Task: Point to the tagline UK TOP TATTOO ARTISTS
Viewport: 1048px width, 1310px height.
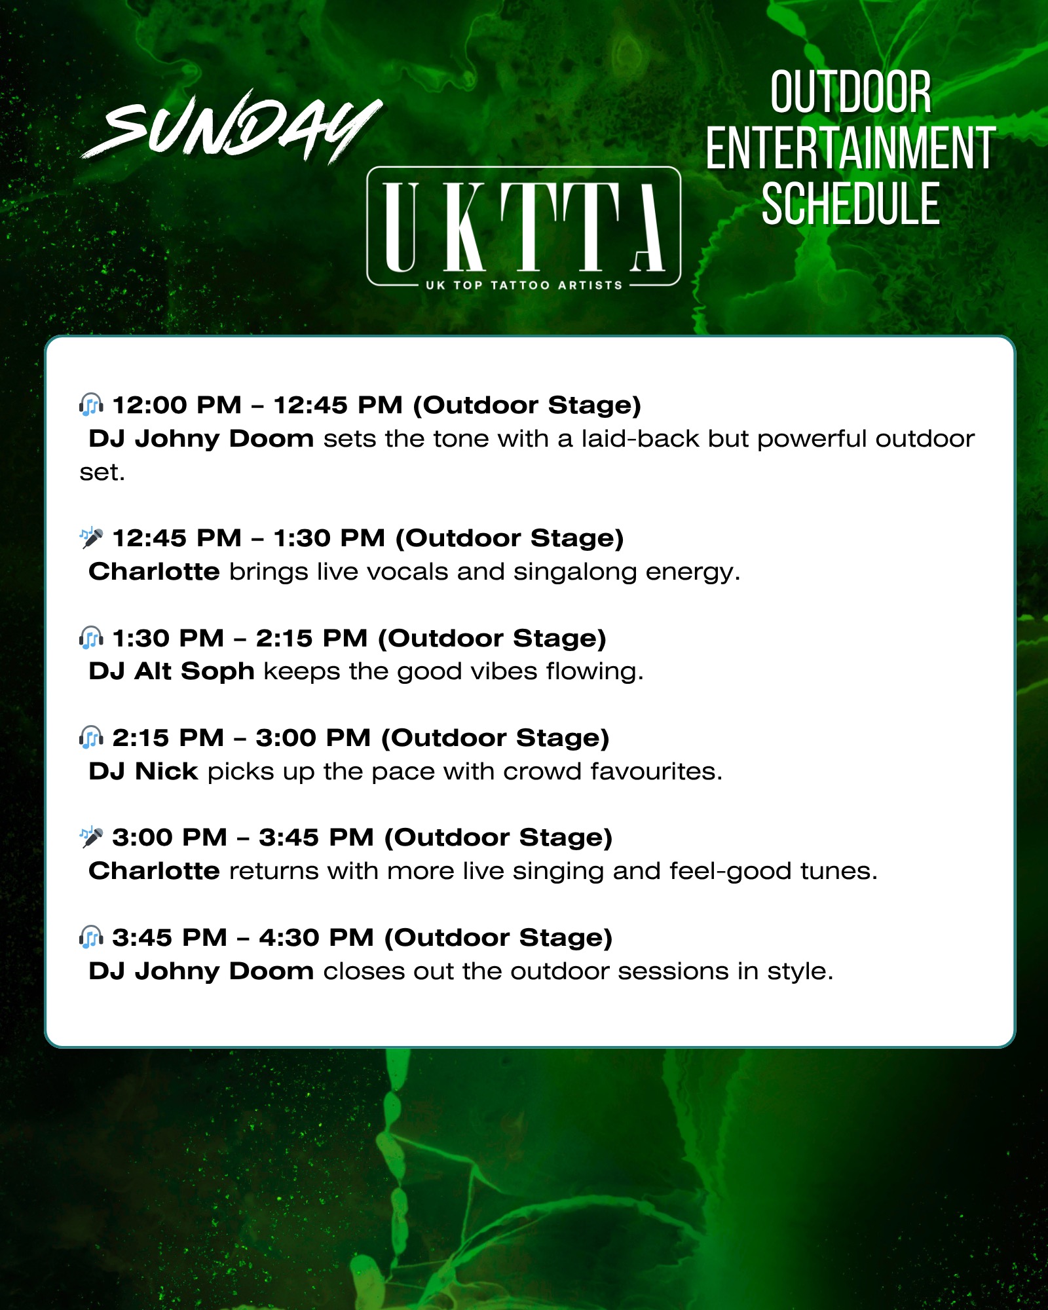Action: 523,285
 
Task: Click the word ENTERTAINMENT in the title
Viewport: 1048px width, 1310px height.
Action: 850,149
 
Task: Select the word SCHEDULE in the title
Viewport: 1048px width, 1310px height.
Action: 850,204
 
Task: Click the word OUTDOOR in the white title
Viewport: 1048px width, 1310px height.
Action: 850,92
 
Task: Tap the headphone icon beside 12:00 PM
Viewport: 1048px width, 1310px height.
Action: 91,405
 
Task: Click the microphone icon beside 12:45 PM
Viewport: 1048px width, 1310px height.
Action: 91,538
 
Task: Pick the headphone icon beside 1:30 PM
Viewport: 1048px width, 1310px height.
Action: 91,637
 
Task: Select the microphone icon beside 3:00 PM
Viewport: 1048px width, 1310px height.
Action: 91,836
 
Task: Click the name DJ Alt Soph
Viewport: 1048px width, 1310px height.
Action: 172,671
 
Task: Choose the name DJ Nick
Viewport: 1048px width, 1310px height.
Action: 143,771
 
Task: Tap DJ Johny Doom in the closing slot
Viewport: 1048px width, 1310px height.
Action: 201,971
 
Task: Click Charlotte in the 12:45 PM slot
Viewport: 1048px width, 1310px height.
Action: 154,571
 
